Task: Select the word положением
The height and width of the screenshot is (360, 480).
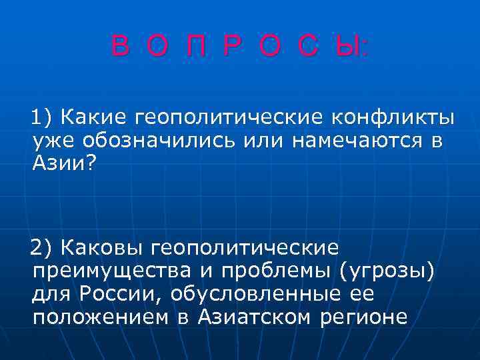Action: [x=99, y=317]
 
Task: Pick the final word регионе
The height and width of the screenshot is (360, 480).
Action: [x=364, y=317]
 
